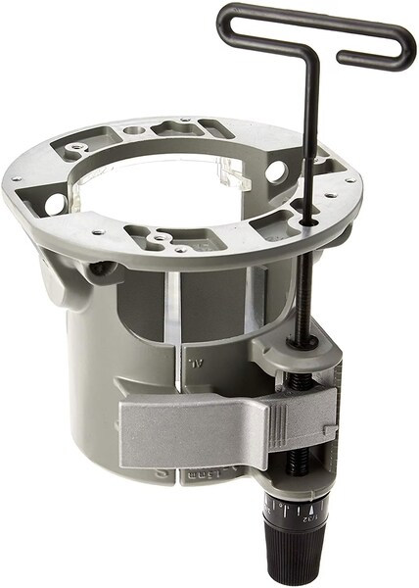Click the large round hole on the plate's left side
(x=57, y=204)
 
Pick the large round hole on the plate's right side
(x=276, y=171)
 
